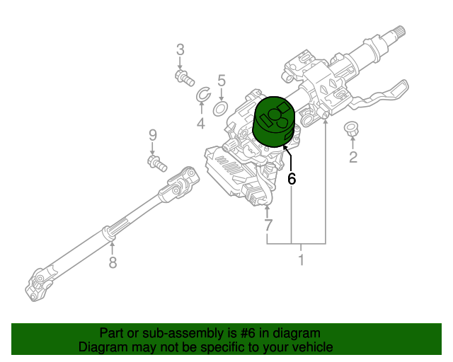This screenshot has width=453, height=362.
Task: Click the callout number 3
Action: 180,49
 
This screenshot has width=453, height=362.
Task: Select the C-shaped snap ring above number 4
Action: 201,95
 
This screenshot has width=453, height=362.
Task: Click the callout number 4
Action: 201,124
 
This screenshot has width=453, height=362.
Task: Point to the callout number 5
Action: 221,81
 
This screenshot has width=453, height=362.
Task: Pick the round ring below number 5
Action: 220,108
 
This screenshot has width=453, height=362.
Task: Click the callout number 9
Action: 151,134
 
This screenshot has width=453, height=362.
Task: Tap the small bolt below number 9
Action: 156,163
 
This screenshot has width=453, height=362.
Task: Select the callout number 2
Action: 353,158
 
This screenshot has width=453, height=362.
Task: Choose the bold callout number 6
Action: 291,179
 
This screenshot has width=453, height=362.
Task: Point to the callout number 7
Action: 268,226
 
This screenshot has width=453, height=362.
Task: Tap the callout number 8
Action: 112,263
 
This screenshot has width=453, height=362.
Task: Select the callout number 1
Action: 301,260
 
